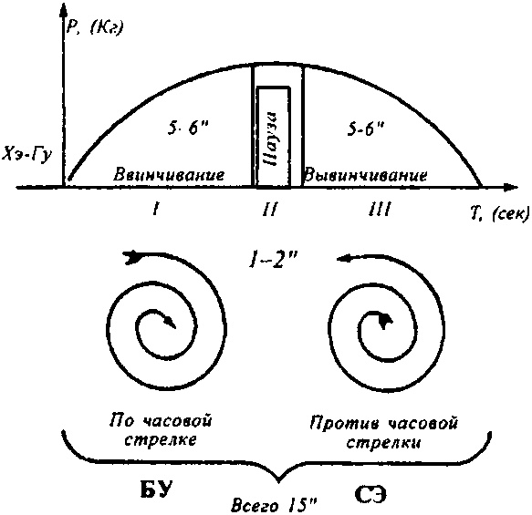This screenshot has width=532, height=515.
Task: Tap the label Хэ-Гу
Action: (32, 152)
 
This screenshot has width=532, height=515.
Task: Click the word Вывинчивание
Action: (365, 173)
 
